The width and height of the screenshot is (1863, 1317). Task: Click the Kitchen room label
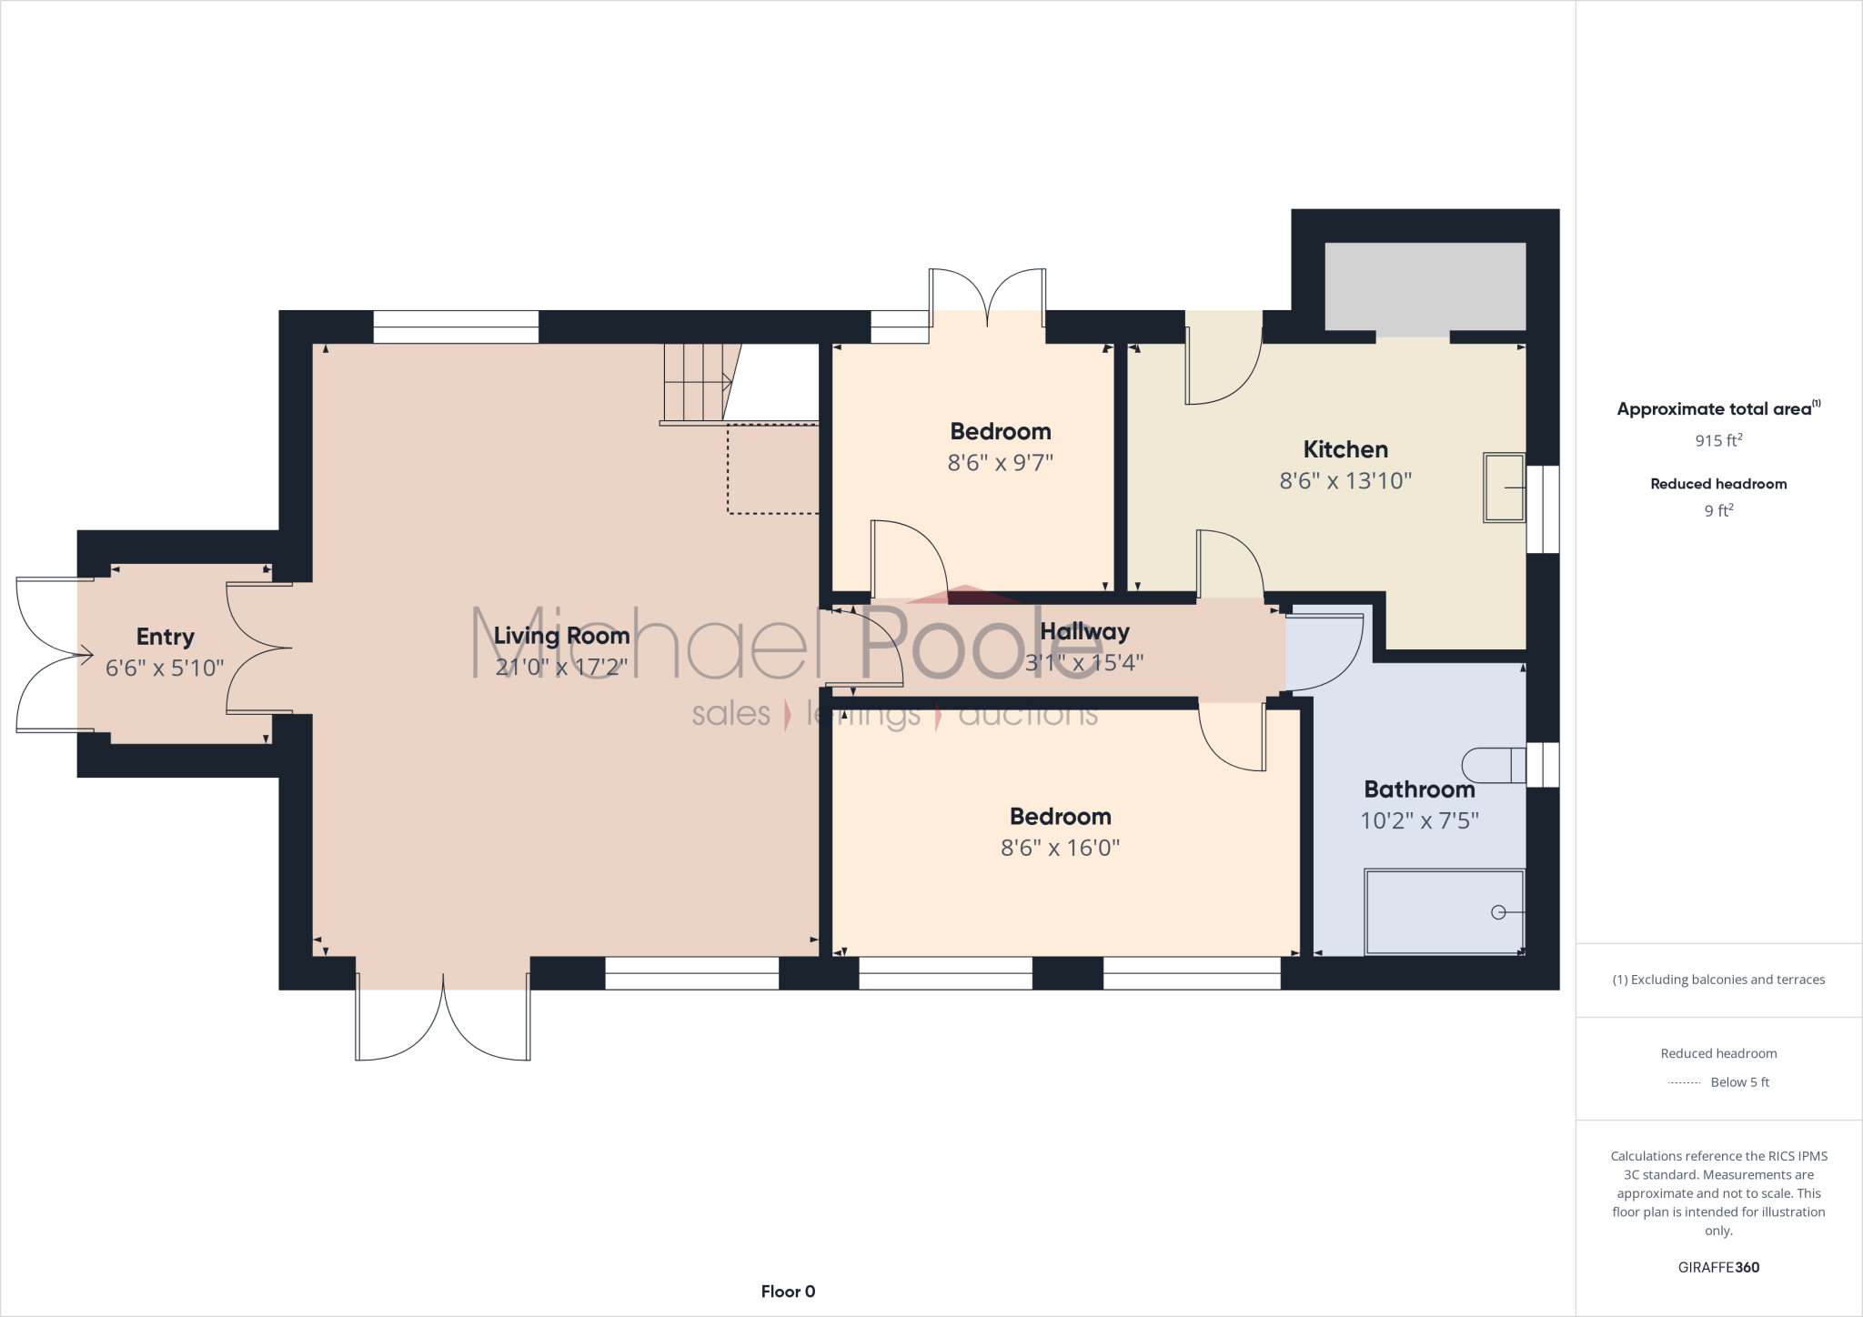[x=1344, y=449]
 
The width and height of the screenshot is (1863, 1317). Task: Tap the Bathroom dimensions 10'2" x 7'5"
[x=1419, y=820]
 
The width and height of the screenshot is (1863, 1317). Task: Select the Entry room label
[x=165, y=637]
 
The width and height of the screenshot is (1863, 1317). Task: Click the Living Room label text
[x=561, y=636]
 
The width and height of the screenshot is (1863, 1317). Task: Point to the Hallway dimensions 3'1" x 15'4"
[x=1083, y=663]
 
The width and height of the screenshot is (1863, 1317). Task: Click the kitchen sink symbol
[x=1505, y=488]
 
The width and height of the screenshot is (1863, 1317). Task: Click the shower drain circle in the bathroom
[x=1498, y=912]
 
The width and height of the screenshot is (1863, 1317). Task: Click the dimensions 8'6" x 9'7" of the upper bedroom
[x=1000, y=463]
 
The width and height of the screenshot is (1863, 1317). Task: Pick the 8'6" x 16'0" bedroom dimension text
[x=1060, y=848]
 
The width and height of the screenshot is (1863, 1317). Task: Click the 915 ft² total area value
[x=1718, y=440]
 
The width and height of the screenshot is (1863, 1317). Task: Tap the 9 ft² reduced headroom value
[x=1718, y=510]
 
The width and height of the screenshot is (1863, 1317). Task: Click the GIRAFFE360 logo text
[x=1718, y=1267]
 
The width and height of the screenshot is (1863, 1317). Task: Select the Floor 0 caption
[x=788, y=1292]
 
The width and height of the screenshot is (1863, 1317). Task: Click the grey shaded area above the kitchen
[x=1425, y=286]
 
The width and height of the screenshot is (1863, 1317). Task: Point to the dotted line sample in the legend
[x=1684, y=1082]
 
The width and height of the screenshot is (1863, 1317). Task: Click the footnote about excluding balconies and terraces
[x=1718, y=980]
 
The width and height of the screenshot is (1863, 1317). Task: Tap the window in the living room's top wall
[x=456, y=327]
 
